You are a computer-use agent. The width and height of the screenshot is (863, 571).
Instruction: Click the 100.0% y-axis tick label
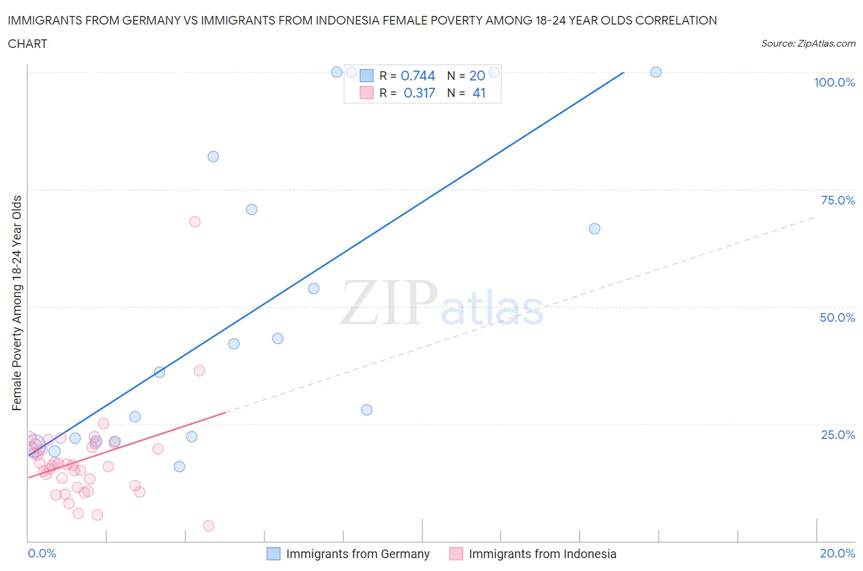tap(834, 82)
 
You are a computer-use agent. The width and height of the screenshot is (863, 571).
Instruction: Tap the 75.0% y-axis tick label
tap(837, 200)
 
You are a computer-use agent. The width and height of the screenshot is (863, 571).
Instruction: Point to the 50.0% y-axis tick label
tap(837, 317)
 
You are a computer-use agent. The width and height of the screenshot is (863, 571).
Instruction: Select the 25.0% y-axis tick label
tap(837, 435)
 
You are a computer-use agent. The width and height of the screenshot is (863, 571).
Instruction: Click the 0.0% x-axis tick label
tap(42, 553)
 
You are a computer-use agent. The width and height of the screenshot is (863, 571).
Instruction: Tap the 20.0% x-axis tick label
tap(837, 553)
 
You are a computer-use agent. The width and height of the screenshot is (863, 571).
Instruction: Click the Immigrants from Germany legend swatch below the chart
tap(273, 554)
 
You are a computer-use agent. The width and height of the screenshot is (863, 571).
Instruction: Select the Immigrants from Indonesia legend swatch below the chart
tap(456, 554)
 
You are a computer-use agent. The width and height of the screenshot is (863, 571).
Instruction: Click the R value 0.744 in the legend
tap(417, 76)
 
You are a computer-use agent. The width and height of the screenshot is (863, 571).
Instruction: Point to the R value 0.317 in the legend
tap(419, 93)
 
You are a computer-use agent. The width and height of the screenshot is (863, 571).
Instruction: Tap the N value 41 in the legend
tap(479, 93)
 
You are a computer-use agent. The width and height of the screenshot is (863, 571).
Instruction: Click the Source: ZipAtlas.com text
tap(808, 43)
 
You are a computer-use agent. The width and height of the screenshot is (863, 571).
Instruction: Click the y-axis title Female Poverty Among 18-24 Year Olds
tap(17, 303)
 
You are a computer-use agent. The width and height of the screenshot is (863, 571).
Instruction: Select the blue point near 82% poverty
tap(213, 157)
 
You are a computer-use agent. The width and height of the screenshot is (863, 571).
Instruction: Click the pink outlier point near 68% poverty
tap(195, 222)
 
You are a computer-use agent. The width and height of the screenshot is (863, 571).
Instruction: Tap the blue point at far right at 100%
tap(656, 72)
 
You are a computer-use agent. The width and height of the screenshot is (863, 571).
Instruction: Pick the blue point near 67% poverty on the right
tap(594, 228)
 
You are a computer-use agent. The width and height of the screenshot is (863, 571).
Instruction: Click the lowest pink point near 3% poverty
tap(209, 526)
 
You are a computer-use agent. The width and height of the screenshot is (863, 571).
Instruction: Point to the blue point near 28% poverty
tap(366, 410)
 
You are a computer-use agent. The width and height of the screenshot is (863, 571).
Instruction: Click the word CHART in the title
tap(28, 44)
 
